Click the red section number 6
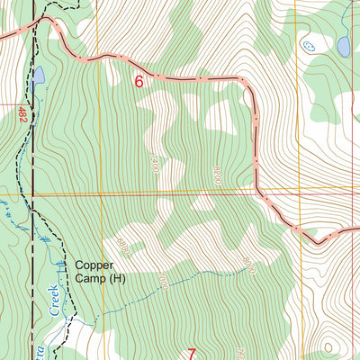pos(139,81)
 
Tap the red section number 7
pos(191,354)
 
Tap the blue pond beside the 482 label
pos(38,79)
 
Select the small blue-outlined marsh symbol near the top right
pos(310,44)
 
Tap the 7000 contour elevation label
pos(163,280)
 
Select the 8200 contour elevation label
pos(216,175)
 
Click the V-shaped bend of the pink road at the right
pos(316,241)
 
